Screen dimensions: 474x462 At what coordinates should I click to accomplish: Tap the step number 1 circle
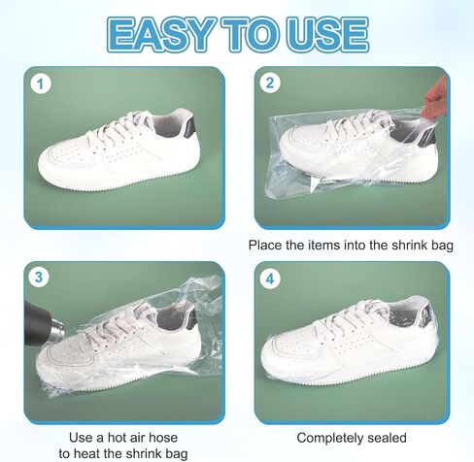[41, 84]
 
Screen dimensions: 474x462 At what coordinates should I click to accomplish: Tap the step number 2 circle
[270, 83]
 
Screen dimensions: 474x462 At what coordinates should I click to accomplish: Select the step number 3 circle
[39, 278]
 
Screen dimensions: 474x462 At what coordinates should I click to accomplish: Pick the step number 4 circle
[270, 278]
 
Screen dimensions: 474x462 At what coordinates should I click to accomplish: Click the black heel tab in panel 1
[189, 127]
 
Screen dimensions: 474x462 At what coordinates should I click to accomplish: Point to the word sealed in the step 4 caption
[387, 438]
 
